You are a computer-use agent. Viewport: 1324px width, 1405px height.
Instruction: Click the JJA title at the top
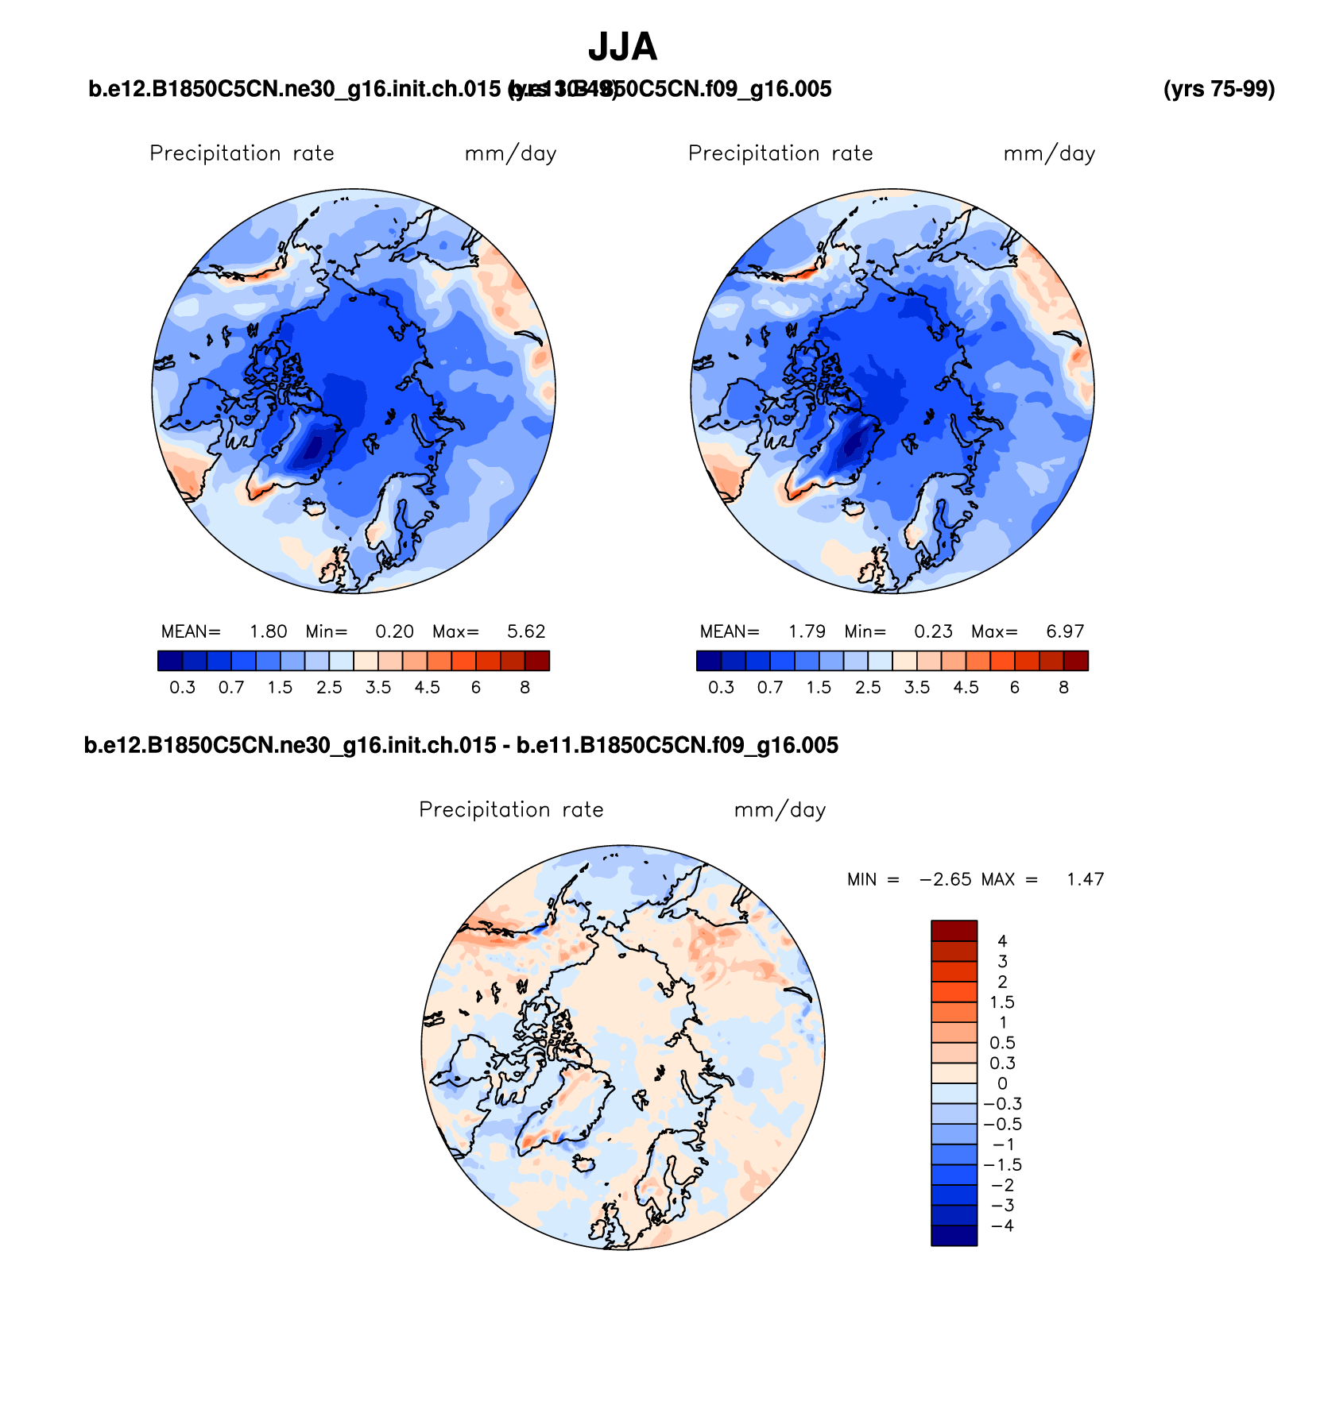pyautogui.click(x=622, y=48)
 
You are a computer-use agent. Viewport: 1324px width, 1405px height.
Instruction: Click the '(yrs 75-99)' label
pyautogui.click(x=1218, y=89)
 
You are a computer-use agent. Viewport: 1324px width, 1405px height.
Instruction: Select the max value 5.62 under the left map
pyautogui.click(x=526, y=631)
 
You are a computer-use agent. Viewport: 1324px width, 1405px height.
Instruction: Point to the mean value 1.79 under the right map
pyautogui.click(x=807, y=631)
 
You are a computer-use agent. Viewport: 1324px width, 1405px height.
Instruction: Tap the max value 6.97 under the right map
pyautogui.click(x=1065, y=631)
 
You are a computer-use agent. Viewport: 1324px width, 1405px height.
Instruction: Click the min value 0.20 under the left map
pyautogui.click(x=394, y=631)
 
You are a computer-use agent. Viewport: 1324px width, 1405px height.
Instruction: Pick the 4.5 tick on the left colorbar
pyautogui.click(x=427, y=687)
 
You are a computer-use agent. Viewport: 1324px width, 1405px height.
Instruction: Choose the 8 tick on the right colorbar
pyautogui.click(x=1063, y=687)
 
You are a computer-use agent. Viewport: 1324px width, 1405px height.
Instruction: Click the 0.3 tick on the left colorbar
pyautogui.click(x=182, y=687)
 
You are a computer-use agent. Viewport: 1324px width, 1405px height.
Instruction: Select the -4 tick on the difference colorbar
pyautogui.click(x=1002, y=1226)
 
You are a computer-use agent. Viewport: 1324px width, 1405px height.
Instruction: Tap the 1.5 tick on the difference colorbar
pyautogui.click(x=1002, y=1002)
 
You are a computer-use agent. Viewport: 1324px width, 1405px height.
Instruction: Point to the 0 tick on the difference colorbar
pyautogui.click(x=1002, y=1083)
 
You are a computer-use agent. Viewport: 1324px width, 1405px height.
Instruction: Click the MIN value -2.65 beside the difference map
pyautogui.click(x=945, y=879)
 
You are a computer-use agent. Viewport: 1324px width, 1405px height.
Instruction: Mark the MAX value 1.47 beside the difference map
pyautogui.click(x=1085, y=879)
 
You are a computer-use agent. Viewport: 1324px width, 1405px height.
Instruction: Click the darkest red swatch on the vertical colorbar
pyautogui.click(x=954, y=930)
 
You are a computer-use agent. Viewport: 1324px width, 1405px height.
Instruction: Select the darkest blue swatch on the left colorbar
pyautogui.click(x=170, y=661)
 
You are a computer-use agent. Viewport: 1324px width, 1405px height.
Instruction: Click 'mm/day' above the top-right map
pyautogui.click(x=1049, y=153)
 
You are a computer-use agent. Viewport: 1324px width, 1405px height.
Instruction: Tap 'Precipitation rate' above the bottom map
pyautogui.click(x=511, y=809)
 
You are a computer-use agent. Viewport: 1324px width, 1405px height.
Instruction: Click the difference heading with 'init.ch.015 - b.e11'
pyautogui.click(x=461, y=745)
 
